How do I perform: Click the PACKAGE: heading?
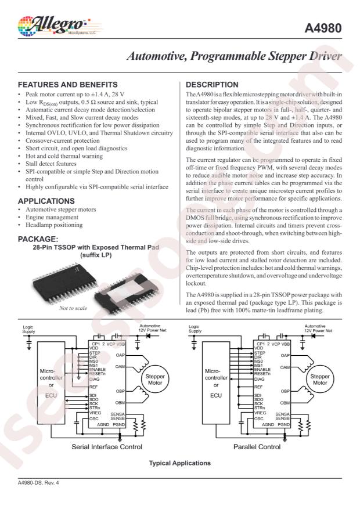(38, 239)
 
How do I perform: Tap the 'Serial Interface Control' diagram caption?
(105, 447)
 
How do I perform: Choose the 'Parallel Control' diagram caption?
(257, 447)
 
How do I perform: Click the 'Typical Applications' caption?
(180, 463)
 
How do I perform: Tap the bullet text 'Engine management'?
(52, 217)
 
